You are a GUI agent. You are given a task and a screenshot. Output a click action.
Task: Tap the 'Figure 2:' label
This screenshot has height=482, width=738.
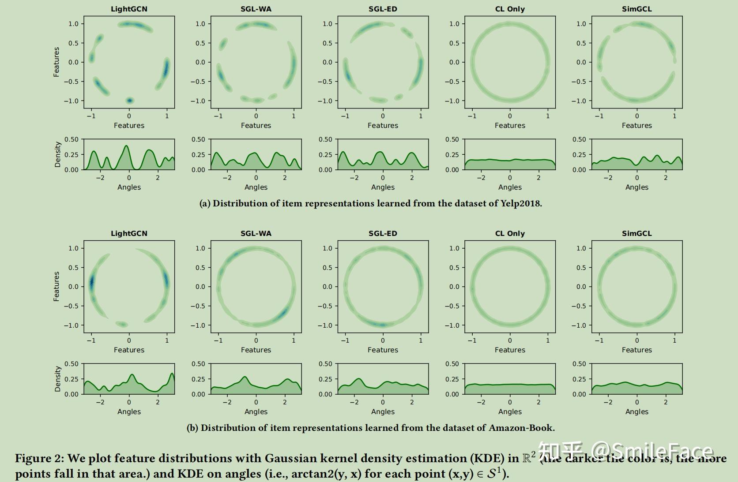[39, 459]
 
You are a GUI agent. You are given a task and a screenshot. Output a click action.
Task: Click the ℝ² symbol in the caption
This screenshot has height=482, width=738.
[529, 458]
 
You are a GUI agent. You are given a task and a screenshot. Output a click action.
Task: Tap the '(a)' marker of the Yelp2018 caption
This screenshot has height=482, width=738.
[205, 204]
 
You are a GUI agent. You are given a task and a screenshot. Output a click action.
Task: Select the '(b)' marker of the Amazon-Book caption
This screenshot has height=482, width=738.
[192, 428]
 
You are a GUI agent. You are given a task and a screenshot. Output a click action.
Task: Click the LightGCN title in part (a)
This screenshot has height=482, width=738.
[129, 9]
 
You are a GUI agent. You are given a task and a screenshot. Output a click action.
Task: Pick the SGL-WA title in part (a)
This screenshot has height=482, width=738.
[256, 9]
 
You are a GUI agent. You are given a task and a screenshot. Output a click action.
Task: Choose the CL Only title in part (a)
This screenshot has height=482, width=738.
[510, 9]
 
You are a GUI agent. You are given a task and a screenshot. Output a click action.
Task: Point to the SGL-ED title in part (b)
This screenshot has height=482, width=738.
[383, 233]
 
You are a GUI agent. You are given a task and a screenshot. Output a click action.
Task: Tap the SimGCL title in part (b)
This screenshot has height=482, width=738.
[636, 233]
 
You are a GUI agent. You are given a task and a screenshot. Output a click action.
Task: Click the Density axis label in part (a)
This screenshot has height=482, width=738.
[57, 154]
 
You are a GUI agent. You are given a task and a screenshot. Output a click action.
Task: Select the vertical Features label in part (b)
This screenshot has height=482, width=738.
[56, 287]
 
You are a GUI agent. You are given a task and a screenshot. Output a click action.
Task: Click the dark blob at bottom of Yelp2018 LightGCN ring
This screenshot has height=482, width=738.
[129, 101]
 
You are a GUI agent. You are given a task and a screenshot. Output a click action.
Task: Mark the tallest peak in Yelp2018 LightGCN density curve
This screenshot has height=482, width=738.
[127, 146]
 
